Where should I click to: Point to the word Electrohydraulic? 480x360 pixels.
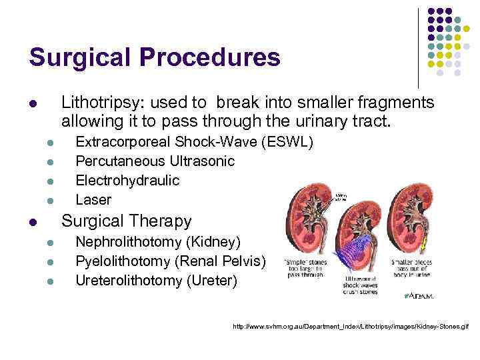[x=127, y=180]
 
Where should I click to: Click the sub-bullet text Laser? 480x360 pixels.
[x=93, y=199]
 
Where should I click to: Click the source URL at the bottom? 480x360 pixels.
[x=350, y=327]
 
